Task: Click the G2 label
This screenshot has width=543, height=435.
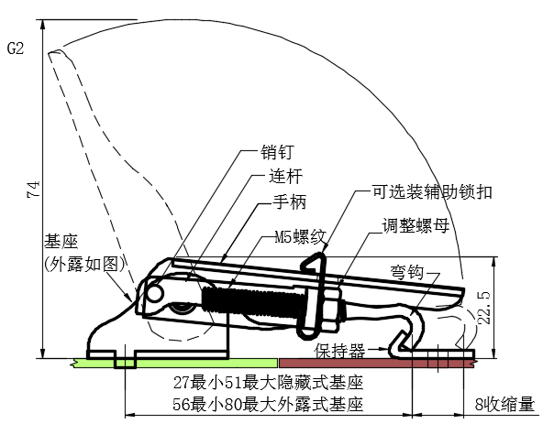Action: [16, 48]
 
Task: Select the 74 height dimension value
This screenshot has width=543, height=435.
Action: [34, 190]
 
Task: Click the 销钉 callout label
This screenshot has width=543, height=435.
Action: [277, 152]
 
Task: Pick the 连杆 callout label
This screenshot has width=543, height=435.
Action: [285, 176]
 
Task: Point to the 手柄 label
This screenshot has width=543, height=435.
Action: [290, 201]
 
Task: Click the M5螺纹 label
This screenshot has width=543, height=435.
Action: [301, 237]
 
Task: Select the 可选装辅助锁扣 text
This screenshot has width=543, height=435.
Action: [432, 192]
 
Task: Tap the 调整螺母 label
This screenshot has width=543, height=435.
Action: [416, 226]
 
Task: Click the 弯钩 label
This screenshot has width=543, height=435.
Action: [407, 273]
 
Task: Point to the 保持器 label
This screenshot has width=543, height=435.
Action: [339, 351]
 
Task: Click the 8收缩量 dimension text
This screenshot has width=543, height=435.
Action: [504, 404]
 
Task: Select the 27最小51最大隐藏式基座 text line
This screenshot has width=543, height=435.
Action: [269, 383]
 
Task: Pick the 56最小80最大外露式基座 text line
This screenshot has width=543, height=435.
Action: [269, 404]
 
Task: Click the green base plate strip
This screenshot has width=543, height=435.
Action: [174, 363]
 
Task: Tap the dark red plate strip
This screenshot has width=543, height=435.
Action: [378, 363]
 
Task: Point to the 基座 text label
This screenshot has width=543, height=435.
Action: [61, 242]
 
